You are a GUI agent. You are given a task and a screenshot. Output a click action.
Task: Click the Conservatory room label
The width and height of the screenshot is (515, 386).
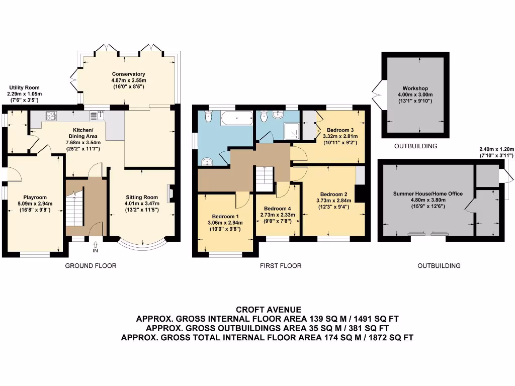(129, 74)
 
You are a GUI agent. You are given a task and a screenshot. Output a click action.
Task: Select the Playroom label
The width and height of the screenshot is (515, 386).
(35, 197)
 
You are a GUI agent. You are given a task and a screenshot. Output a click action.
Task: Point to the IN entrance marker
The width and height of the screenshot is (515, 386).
(96, 250)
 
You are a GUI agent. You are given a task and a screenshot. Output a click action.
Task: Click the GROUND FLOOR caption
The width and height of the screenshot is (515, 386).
(91, 266)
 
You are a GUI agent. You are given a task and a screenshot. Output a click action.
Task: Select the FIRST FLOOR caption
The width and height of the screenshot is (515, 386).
(281, 266)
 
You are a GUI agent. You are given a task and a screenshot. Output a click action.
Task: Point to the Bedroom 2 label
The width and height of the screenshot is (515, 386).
(333, 194)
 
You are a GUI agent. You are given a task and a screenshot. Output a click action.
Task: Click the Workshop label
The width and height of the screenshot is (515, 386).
(415, 88)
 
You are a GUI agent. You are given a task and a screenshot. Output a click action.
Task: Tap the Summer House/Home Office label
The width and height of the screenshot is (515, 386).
(428, 194)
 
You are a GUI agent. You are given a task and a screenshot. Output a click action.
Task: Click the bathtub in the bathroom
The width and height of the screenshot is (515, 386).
(237, 119)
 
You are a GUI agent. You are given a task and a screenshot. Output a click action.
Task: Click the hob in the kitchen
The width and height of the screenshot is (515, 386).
(51, 116)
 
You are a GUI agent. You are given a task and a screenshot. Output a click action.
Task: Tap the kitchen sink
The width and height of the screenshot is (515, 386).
(97, 116)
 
